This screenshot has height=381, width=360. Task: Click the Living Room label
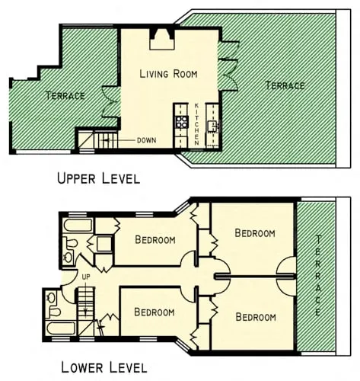point(168,74)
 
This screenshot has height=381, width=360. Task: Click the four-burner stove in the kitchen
point(182,121)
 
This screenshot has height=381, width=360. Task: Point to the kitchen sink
point(213,125)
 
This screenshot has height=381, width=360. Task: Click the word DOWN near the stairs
point(146,140)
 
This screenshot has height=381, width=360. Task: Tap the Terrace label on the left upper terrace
point(65,95)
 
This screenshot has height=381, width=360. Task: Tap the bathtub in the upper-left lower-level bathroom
point(77,226)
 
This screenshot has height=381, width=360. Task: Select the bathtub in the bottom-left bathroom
point(60,328)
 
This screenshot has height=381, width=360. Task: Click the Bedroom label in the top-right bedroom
point(254,232)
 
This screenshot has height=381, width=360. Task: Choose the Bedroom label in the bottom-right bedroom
point(255,316)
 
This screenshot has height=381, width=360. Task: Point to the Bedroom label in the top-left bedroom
point(155,239)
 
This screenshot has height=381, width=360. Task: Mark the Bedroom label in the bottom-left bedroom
point(154,312)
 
